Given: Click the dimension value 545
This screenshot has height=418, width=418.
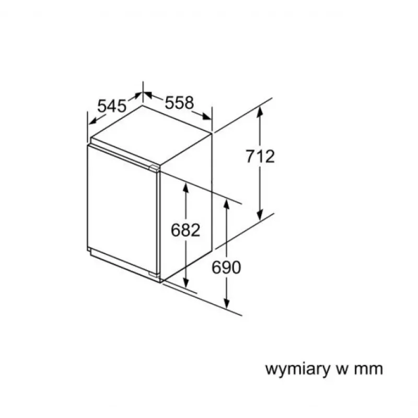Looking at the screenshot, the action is point(111,106).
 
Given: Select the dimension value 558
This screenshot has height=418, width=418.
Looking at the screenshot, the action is point(179,102).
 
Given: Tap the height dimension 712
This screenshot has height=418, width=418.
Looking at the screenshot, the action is point(260,156).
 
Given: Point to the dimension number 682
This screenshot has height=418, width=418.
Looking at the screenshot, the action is point(185,230).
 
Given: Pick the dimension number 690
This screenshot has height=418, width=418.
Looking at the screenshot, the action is point(226,268).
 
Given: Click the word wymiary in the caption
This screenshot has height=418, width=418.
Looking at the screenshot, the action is point(297,369).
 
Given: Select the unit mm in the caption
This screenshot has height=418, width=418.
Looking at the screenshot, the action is point(369,369).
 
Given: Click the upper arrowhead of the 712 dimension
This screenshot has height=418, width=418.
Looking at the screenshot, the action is point(260,111).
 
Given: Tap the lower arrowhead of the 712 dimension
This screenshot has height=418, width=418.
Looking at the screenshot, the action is point(260,215).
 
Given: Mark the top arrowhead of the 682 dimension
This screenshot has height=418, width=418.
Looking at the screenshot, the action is point(186,189).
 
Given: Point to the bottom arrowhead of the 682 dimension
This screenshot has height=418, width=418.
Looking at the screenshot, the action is point(186,283).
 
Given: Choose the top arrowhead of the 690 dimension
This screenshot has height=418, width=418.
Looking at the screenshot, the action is point(227,204).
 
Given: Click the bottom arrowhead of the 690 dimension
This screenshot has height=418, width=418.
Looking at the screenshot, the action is point(227,303).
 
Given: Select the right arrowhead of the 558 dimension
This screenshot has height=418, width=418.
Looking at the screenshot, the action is point(206,117).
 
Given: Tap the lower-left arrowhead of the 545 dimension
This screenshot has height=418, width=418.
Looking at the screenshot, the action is point(94,121).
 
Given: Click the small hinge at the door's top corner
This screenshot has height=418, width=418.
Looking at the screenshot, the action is point(154,168).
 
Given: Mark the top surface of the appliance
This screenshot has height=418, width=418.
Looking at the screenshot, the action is point(151,135).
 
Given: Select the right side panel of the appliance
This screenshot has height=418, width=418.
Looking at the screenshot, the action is point(186,206).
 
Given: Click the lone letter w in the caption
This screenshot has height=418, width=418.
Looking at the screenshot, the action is point(342,369).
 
